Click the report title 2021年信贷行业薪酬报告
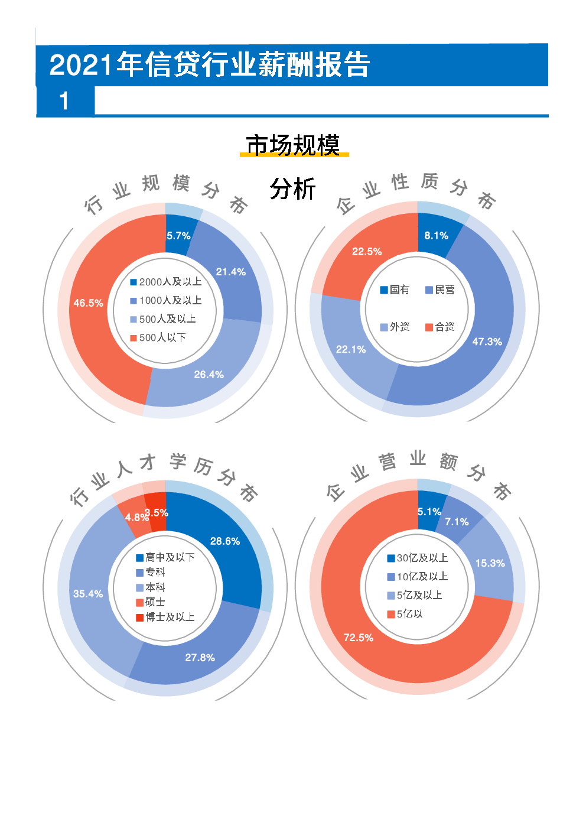210,65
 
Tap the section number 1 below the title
64,101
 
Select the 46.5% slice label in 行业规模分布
88,303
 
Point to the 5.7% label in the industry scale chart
178,236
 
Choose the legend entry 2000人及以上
166,282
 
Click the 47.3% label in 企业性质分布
487,342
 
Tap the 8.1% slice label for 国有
436,236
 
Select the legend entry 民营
441,290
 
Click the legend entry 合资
441,327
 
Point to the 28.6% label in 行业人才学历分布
225,541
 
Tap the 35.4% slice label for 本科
88,594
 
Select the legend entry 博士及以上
165,617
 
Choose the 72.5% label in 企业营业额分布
359,638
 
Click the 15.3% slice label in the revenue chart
490,563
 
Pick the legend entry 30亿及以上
418,558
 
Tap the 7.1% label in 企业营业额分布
457,522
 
